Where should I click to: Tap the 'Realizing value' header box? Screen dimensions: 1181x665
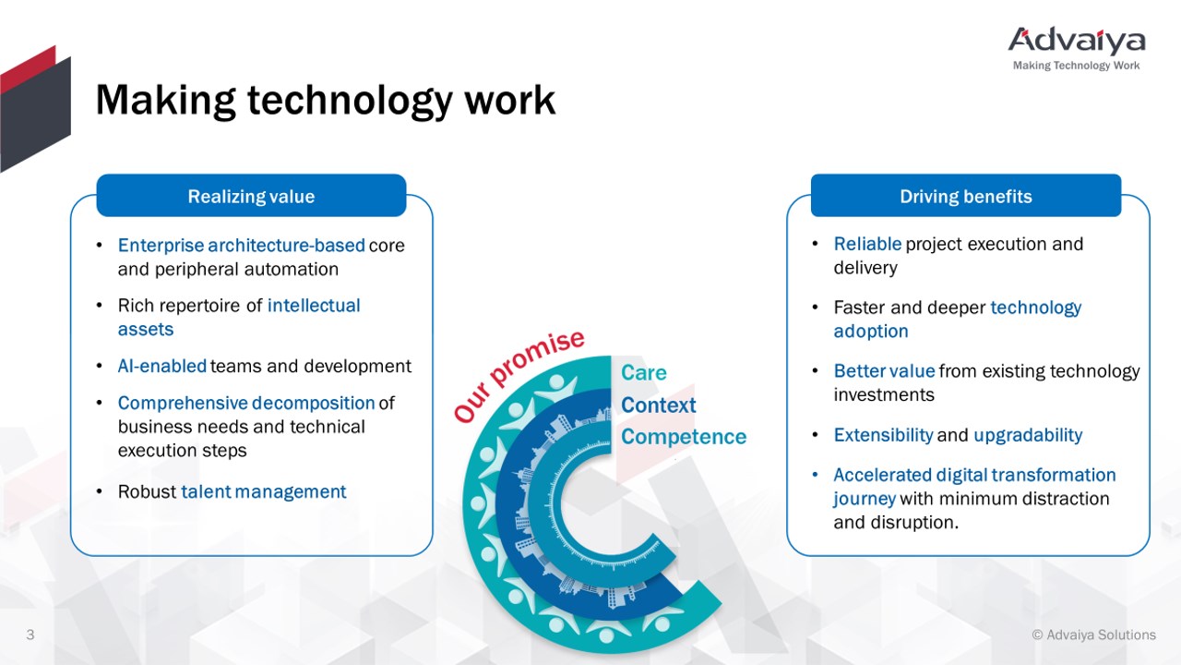point(251,195)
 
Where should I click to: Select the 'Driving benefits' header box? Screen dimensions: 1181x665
point(966,195)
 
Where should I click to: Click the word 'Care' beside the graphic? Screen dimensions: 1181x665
point(644,372)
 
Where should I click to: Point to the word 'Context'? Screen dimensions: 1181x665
point(659,405)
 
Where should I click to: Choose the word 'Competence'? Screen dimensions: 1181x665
point(684,437)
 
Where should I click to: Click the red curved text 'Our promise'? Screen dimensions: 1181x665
point(519,376)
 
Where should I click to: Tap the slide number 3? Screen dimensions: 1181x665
point(30,635)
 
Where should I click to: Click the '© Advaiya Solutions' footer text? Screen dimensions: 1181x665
point(1093,635)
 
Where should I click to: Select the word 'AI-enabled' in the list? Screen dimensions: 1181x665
point(161,366)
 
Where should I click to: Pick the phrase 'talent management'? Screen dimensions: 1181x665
point(264,492)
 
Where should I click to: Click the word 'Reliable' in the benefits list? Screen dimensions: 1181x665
point(867,244)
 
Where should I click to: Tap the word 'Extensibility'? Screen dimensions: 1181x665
point(883,435)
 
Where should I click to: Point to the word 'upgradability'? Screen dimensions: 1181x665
point(1028,435)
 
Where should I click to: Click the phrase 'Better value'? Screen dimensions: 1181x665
point(884,371)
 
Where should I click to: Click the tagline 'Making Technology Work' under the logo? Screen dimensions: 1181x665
point(1076,66)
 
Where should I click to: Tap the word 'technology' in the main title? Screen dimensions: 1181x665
point(350,101)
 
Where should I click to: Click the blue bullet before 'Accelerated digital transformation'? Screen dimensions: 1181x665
point(815,475)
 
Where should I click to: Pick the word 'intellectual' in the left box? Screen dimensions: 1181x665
point(314,306)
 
